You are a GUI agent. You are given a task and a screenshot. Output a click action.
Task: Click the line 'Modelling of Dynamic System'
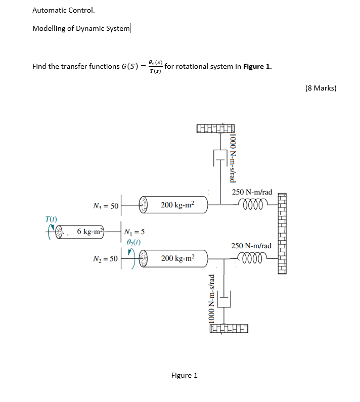81,28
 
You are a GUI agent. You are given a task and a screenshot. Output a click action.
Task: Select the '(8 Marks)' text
321,88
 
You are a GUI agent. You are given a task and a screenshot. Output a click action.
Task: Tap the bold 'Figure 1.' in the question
257,66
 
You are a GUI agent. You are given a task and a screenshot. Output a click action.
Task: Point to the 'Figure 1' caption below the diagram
184,375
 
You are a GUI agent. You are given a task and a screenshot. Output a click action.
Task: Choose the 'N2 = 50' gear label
106,259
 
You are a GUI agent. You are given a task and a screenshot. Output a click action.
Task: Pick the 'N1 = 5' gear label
135,233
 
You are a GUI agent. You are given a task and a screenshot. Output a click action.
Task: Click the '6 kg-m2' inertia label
90,232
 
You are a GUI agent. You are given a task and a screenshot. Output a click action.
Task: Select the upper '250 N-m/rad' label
252,192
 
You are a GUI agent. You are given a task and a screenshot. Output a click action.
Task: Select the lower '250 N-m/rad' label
251,246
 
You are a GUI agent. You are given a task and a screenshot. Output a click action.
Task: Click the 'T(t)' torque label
51,219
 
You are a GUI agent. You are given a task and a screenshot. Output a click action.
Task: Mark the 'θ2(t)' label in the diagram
132,242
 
